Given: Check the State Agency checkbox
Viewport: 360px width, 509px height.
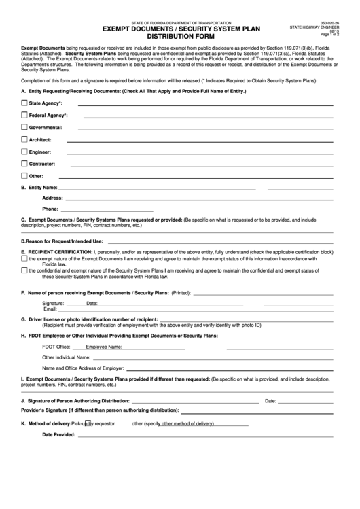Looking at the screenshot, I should pos(24,103).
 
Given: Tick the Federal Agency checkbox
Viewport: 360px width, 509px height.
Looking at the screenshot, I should pos(24,115).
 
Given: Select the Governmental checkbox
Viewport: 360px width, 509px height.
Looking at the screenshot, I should pos(24,127).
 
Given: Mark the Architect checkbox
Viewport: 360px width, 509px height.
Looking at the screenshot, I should pos(24,139).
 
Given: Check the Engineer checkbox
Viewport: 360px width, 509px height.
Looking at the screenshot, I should pos(24,151).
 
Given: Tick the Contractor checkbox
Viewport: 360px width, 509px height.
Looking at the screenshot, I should pos(24,163).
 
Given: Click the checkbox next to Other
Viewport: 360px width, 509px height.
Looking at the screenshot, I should pos(24,175).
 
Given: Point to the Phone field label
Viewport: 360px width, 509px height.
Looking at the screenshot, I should pos(50,209).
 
